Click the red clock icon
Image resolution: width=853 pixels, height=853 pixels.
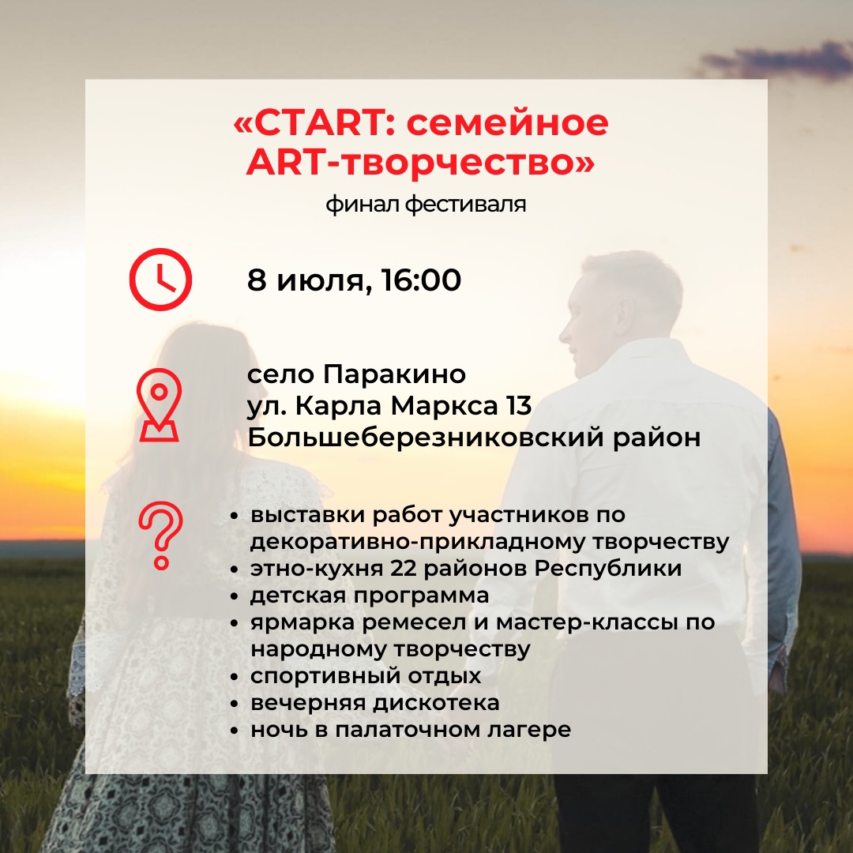point(160,279)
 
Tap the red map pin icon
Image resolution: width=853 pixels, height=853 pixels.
point(159,404)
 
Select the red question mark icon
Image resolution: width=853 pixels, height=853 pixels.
point(160,535)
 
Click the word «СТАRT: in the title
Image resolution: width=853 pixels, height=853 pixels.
point(310,122)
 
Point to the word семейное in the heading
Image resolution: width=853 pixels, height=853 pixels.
point(508,122)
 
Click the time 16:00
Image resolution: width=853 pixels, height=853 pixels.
point(422,280)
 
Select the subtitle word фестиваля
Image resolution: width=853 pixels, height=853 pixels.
point(466,205)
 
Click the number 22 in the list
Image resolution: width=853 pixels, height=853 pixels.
point(404,569)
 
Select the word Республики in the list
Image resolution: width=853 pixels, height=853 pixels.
point(607,569)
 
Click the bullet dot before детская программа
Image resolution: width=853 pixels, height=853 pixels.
point(235,597)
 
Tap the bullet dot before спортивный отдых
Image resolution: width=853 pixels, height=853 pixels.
point(235,678)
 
